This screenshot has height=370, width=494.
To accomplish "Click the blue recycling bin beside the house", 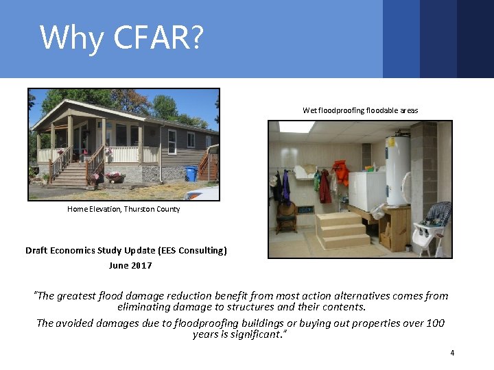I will tap(191, 174).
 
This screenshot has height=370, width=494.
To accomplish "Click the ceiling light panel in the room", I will tap(296, 127).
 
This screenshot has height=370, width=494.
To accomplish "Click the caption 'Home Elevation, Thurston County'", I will tap(123, 209).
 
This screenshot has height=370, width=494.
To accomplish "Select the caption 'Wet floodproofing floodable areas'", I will tap(360, 110).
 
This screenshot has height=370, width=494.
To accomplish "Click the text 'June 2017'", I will tap(130, 265).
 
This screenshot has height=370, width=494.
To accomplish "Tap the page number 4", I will tap(452, 353).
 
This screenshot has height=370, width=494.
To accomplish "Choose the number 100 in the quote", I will tap(434, 323).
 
